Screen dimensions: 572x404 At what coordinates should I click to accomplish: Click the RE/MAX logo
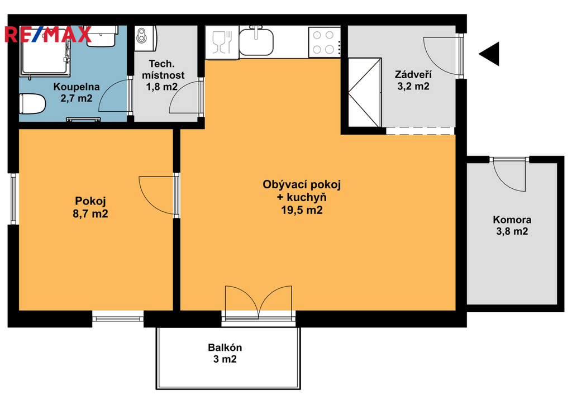tap(48, 34)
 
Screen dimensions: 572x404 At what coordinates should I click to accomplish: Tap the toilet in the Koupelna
tap(32, 103)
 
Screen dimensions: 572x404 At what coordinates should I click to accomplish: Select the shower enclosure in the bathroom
tap(45, 51)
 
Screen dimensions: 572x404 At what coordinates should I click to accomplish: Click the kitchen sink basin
tap(256, 41)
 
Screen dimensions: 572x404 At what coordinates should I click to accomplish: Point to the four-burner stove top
tap(325, 42)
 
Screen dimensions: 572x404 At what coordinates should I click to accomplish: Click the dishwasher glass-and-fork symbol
tap(222, 42)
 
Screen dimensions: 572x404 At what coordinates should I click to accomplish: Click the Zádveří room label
tap(413, 75)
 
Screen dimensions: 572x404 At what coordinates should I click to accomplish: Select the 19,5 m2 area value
tap(302, 210)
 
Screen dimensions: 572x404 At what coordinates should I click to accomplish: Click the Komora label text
tap(512, 220)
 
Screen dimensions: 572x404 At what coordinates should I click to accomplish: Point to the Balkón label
tap(225, 348)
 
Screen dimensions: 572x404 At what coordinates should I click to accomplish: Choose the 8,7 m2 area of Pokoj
tap(90, 213)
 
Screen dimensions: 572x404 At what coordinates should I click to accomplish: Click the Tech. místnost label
tap(163, 69)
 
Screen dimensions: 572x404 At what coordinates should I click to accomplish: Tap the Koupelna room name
tap(76, 87)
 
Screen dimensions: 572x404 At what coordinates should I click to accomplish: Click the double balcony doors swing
tap(259, 301)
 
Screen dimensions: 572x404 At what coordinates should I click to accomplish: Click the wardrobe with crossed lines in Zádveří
tap(364, 93)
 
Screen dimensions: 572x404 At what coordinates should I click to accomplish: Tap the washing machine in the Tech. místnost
tap(146, 38)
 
